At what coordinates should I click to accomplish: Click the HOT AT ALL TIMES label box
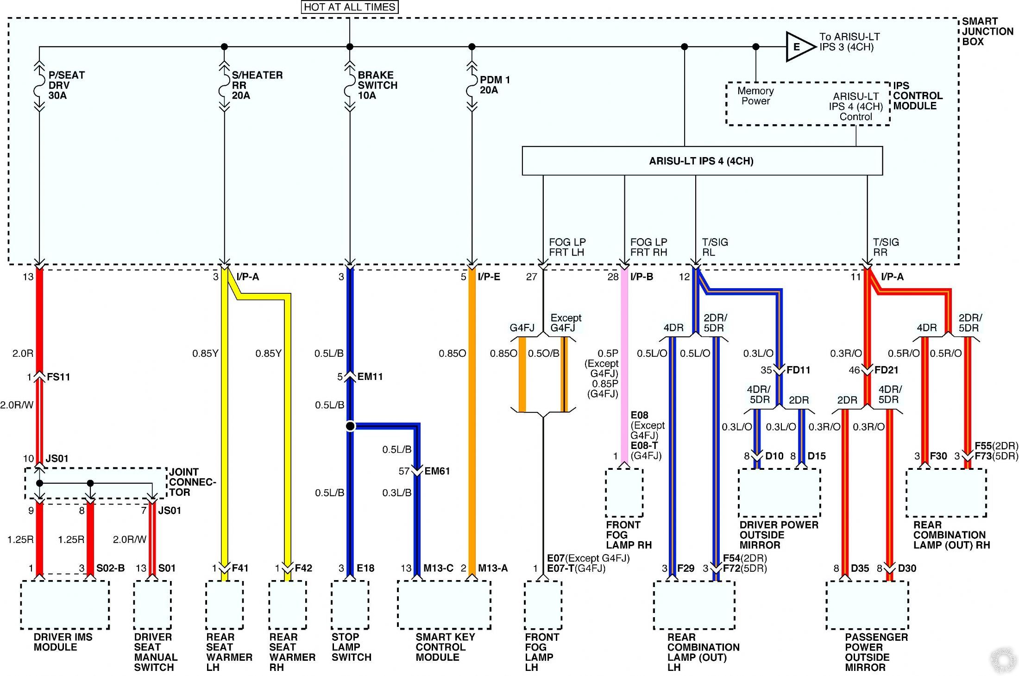(349, 7)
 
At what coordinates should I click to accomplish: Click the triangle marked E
(799, 47)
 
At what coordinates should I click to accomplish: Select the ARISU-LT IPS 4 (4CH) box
(702, 161)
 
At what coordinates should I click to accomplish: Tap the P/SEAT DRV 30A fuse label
(66, 85)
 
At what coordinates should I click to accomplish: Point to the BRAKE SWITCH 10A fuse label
(377, 85)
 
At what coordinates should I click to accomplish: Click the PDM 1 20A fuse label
(494, 85)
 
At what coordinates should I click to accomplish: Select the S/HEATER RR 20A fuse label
(257, 85)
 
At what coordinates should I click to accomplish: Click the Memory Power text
(755, 96)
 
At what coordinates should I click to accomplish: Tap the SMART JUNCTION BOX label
(987, 32)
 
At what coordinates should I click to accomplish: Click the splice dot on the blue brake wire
(350, 426)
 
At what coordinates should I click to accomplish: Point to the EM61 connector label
(437, 471)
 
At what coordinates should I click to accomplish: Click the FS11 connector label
(58, 377)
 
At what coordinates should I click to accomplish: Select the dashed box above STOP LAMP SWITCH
(350, 605)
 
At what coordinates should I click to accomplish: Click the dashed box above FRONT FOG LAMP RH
(624, 493)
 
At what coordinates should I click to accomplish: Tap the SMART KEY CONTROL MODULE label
(445, 647)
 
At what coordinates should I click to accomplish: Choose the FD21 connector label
(886, 370)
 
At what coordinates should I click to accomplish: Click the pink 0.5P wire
(624, 371)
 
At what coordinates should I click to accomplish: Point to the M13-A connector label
(492, 568)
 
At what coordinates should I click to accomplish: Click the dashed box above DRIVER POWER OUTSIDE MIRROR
(779, 493)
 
